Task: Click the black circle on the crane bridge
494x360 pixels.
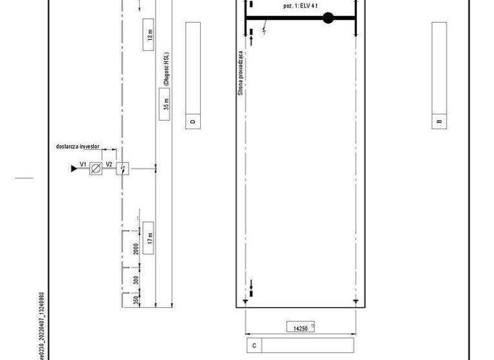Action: [x=328, y=18]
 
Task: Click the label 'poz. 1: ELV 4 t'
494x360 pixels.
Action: [x=300, y=5]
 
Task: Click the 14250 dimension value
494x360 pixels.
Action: [x=300, y=328]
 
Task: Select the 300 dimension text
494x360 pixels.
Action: [x=136, y=280]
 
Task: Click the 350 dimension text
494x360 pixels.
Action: [x=136, y=301]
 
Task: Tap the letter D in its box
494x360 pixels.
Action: [x=192, y=121]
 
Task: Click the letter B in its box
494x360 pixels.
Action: [x=439, y=121]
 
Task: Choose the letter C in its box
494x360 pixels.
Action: [x=255, y=346]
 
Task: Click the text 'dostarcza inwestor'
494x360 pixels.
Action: [x=76, y=147]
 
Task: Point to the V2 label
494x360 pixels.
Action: [x=109, y=165]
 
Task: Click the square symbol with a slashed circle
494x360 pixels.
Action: [x=96, y=169]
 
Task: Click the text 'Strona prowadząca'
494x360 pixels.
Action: [x=241, y=73]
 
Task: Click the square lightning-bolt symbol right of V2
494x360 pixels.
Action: [x=123, y=169]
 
